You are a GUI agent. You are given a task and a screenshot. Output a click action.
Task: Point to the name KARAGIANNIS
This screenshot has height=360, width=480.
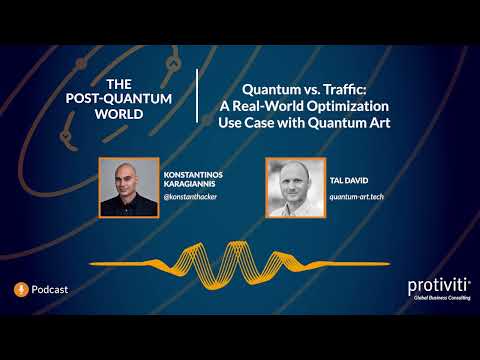pos(194,183)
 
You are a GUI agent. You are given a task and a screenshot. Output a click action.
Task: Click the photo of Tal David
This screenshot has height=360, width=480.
pos(293,186)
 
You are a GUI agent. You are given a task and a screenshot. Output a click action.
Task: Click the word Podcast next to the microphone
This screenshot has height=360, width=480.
pos(50,289)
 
